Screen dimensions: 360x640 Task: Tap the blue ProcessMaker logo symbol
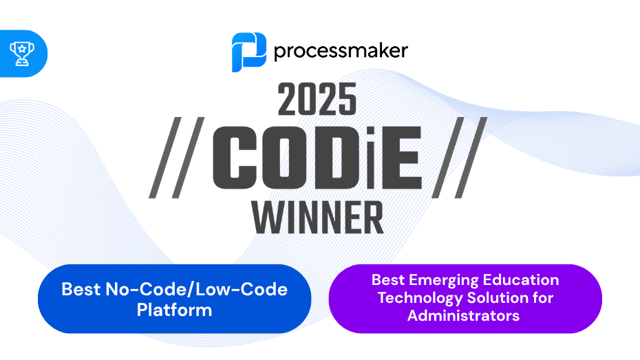248,52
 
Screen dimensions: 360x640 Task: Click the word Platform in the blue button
174,310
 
